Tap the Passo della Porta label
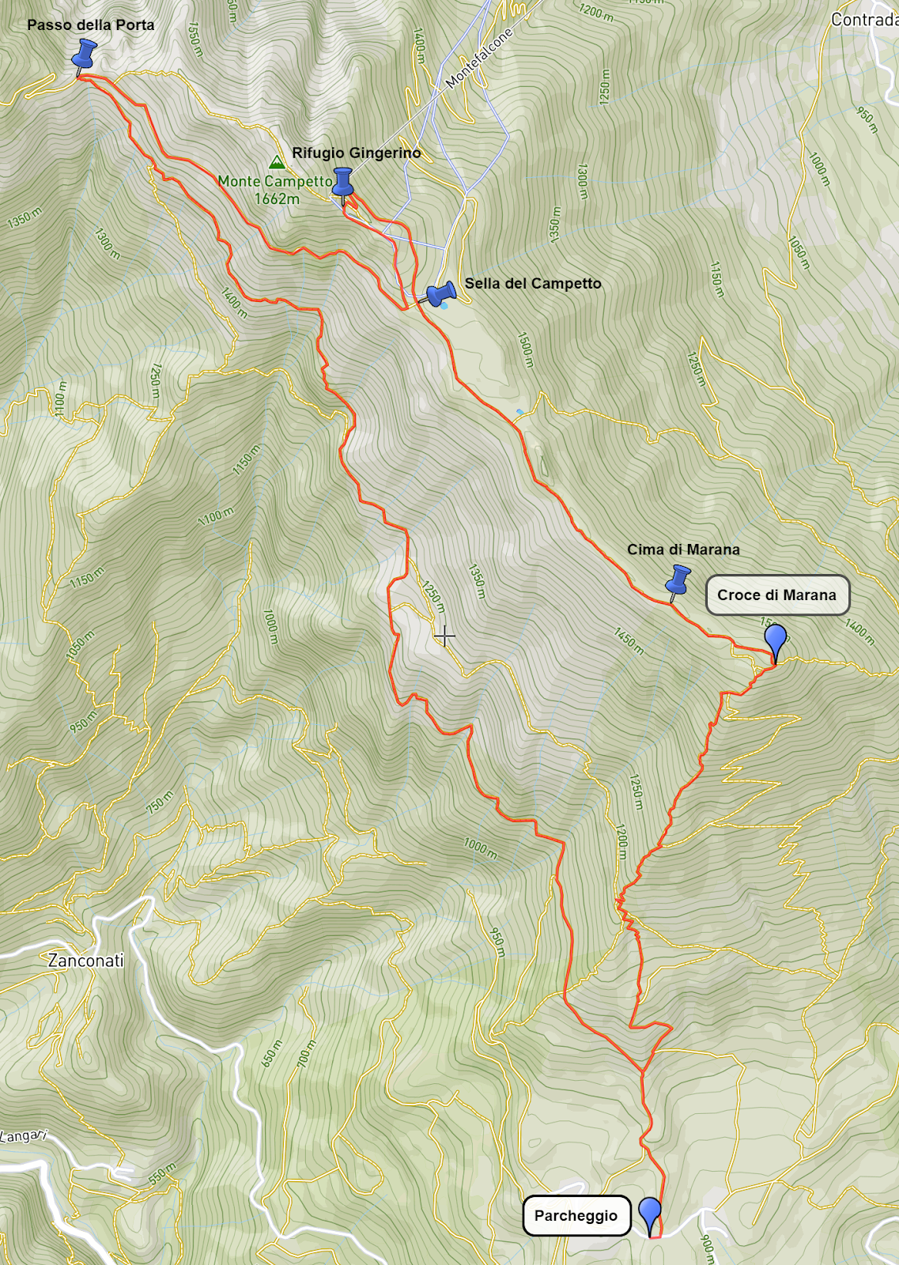tap(91, 25)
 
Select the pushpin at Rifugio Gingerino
tap(342, 183)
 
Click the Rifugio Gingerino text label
tap(357, 153)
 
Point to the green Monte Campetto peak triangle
tap(277, 163)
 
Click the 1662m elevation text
tap(277, 198)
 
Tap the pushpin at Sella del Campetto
tap(440, 294)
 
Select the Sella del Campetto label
tap(533, 283)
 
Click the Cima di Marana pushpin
tap(678, 581)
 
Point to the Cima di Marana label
tap(683, 549)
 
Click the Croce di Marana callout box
tap(776, 595)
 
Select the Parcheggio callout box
tap(576, 1215)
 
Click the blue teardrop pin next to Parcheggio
tap(650, 1212)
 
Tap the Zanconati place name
tap(85, 961)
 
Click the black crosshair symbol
tap(444, 636)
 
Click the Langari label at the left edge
tap(22, 1136)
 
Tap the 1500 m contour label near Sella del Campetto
tap(525, 349)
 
